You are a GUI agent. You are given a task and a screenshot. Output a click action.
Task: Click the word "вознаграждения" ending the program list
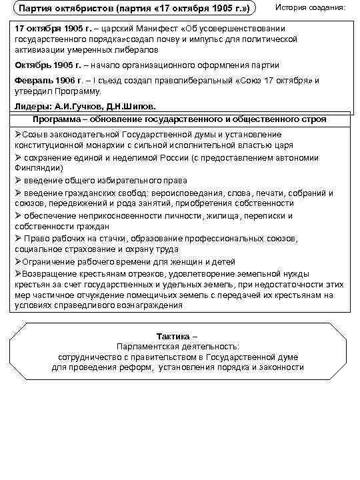tap(148, 305)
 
